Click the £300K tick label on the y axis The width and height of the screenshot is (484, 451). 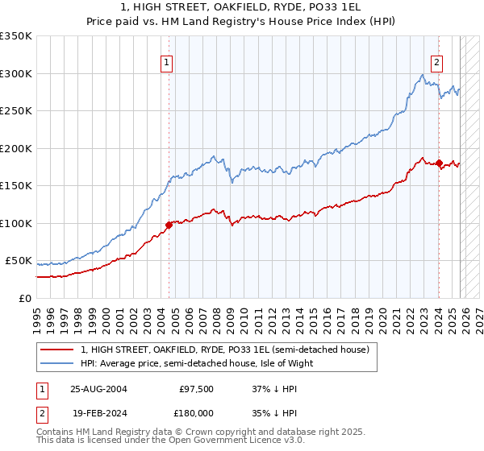16,73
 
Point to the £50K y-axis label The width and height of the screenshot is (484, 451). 19,261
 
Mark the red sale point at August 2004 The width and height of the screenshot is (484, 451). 169,225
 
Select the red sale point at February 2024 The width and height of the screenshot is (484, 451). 439,163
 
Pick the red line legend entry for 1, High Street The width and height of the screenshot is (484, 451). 224,350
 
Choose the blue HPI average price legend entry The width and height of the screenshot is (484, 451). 196,363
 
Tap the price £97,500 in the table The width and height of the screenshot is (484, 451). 197,388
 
